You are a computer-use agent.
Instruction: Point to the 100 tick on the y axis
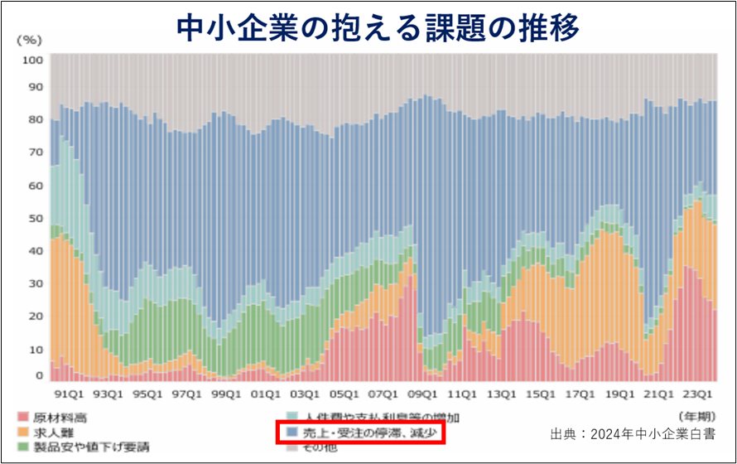click(x=33, y=60)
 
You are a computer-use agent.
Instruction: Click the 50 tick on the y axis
click(x=36, y=217)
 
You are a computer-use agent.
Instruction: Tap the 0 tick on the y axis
click(x=38, y=375)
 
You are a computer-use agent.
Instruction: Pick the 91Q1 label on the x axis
click(x=69, y=395)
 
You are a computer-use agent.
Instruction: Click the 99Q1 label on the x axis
click(x=226, y=395)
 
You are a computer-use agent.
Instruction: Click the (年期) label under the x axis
click(x=695, y=414)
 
